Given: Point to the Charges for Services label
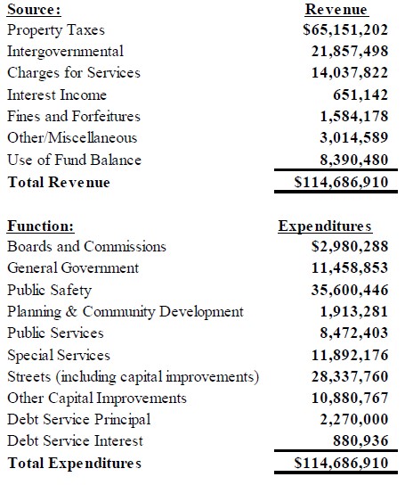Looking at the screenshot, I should (x=73, y=73).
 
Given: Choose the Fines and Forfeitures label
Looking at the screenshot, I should (x=73, y=116).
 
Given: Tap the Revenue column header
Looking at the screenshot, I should (x=336, y=10).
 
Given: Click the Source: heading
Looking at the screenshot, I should (x=34, y=10).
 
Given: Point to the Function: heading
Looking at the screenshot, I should (x=41, y=226).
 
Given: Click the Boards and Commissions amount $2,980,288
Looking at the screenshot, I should (x=336, y=247).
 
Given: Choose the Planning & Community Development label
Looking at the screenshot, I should (x=125, y=311).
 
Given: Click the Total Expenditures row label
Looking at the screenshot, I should (x=74, y=463).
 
